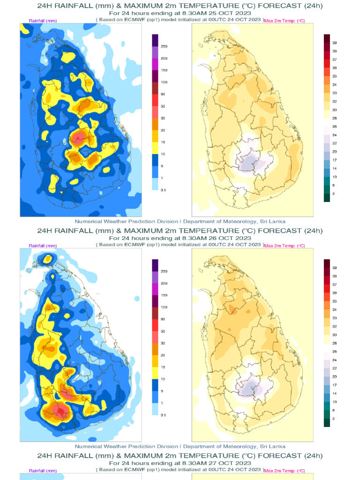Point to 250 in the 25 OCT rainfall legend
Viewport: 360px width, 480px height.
[x=164, y=47]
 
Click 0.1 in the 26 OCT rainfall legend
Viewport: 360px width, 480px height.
[x=164, y=415]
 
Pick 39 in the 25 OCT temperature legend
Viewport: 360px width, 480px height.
[x=335, y=43]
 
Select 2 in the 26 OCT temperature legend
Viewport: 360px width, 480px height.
[x=333, y=419]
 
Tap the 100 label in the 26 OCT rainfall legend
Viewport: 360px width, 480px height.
[x=164, y=307]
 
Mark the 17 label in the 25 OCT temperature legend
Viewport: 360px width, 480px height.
[x=335, y=160]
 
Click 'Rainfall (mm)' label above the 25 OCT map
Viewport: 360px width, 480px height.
[x=43, y=21]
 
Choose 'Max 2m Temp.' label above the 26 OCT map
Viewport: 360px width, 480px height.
[x=285, y=246]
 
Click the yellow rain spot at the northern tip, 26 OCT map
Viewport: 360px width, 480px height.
[x=48, y=258]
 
